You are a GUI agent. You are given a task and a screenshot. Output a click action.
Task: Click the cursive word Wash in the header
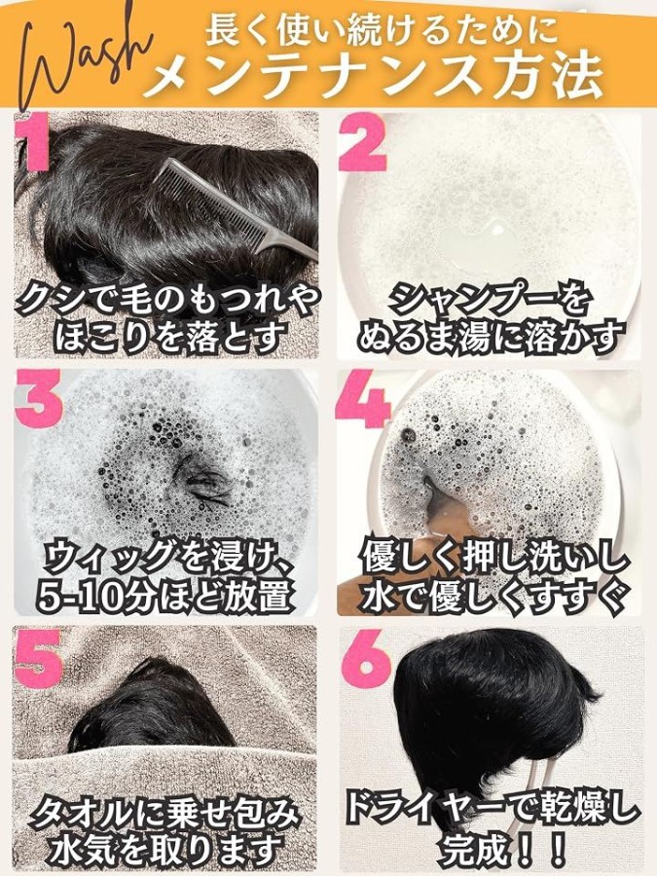click(78, 61)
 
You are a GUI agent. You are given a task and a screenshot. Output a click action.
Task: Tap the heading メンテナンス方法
click(374, 75)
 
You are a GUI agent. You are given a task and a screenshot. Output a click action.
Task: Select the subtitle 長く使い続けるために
click(381, 28)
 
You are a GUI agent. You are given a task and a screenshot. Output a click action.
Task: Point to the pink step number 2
click(363, 142)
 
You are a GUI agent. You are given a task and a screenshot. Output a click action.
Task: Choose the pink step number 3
click(39, 398)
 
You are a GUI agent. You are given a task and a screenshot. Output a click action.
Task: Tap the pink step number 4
click(363, 398)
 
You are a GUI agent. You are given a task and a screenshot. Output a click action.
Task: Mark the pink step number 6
click(365, 658)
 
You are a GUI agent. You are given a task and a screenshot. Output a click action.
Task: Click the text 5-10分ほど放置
click(165, 596)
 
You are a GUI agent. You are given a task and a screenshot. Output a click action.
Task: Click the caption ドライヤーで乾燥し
click(492, 811)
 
